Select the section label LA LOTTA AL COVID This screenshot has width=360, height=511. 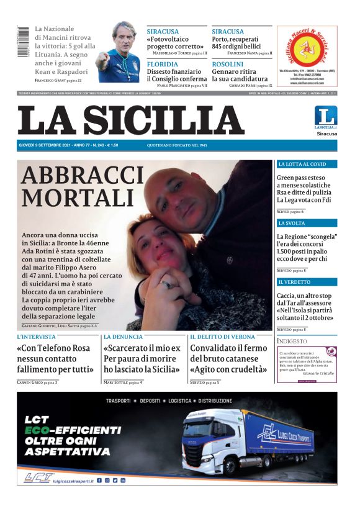coord(302,165)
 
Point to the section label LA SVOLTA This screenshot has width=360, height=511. coord(292,223)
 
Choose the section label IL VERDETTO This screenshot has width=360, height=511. coord(294,282)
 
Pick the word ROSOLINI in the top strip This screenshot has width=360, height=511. coord(227,64)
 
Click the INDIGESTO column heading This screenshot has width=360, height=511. coord(292,341)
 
